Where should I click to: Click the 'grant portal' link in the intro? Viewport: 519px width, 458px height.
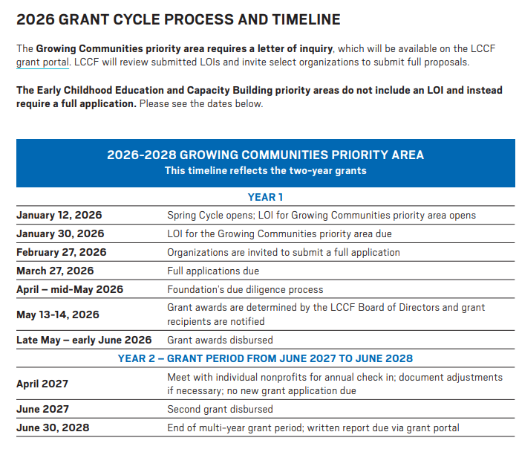click(42, 62)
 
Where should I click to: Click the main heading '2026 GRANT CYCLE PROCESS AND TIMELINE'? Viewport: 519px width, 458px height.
click(178, 20)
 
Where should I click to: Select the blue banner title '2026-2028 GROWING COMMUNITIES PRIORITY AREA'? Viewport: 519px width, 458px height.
click(265, 155)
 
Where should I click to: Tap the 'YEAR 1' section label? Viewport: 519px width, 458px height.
click(265, 197)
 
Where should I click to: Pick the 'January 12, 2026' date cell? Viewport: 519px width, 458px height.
click(59, 215)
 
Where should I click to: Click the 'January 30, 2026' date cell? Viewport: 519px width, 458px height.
click(60, 233)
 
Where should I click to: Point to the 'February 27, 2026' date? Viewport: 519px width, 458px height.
click(62, 252)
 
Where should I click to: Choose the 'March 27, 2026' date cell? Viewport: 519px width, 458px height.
click(55, 271)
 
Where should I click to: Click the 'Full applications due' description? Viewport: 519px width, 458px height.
click(213, 271)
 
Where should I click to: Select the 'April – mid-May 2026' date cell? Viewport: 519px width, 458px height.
click(70, 289)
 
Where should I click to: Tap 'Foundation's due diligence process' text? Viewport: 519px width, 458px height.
click(245, 289)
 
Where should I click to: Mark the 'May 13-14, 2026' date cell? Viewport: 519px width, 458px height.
click(58, 315)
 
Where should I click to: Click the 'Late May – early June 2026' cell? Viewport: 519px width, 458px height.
click(84, 340)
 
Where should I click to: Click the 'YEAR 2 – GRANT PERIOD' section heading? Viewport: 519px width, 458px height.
click(265, 358)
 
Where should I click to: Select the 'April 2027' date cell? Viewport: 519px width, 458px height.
click(42, 384)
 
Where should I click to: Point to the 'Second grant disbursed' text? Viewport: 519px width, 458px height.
click(220, 409)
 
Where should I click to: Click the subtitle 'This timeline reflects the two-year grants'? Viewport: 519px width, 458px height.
click(265, 170)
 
